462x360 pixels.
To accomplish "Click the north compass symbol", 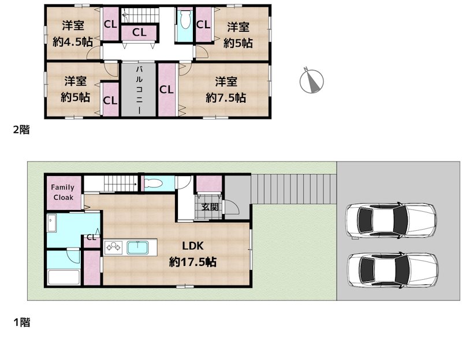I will pyautogui.click(x=312, y=81).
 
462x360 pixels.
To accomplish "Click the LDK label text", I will pyautogui.click(x=192, y=245).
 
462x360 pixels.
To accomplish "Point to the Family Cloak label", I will pyautogui.click(x=63, y=192).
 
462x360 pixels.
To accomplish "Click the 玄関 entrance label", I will pyautogui.click(x=210, y=207).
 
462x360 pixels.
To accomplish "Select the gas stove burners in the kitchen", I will pyautogui.click(x=112, y=247).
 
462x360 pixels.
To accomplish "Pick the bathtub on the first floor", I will pyautogui.click(x=65, y=277).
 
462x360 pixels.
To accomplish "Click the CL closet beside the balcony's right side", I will pyautogui.click(x=166, y=89).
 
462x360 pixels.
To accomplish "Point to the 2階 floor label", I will pyautogui.click(x=21, y=130).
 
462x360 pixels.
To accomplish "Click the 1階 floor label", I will pyautogui.click(x=21, y=322).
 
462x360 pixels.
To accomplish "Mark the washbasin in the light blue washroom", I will pyautogui.click(x=52, y=223).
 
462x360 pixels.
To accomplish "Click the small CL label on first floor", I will pyautogui.click(x=91, y=237).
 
